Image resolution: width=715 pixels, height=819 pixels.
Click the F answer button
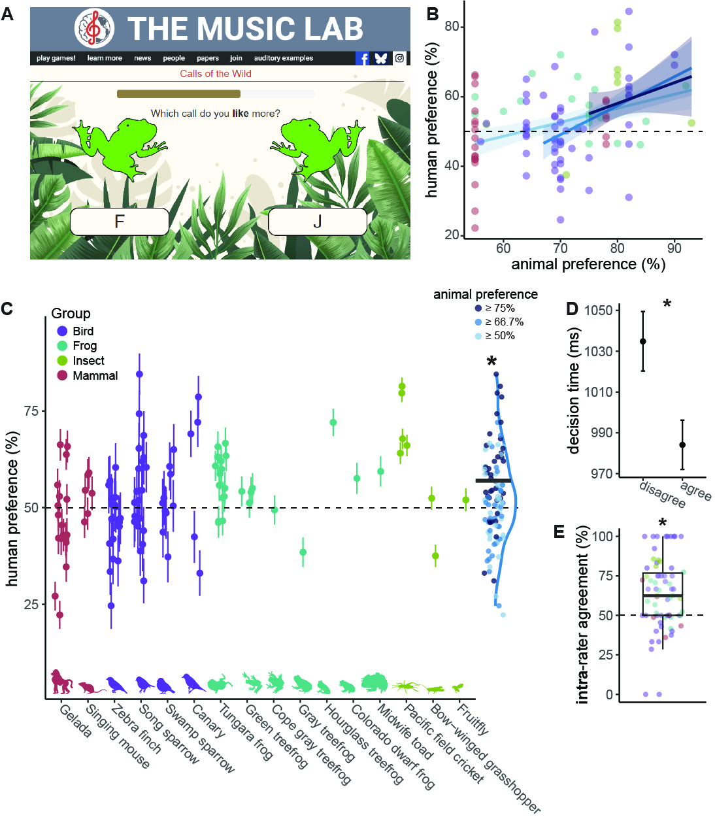coord(120,222)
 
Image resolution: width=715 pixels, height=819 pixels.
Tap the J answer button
coord(317,222)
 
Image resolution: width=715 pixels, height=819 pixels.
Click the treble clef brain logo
coord(95,28)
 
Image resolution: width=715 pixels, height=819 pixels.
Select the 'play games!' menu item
coord(56,58)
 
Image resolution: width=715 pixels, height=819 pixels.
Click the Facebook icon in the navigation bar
coord(362,58)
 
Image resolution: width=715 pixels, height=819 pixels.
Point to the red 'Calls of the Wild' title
coord(216,74)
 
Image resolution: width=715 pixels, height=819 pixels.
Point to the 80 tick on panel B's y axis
coord(452,27)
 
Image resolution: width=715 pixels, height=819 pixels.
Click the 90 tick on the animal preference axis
coord(674,248)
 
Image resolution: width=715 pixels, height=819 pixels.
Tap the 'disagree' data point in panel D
coord(643,341)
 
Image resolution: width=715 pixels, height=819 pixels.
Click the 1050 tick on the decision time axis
coord(599,310)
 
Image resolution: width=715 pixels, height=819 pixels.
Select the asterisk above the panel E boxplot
coord(662,523)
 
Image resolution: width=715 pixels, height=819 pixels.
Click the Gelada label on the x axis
coord(75,721)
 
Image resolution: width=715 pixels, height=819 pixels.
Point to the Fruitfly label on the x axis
coord(472,719)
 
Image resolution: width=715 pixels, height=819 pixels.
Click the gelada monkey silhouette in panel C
coord(61,682)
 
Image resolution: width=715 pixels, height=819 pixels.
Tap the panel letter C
coord(7,309)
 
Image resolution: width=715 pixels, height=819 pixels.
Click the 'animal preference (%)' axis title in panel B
coord(588,264)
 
